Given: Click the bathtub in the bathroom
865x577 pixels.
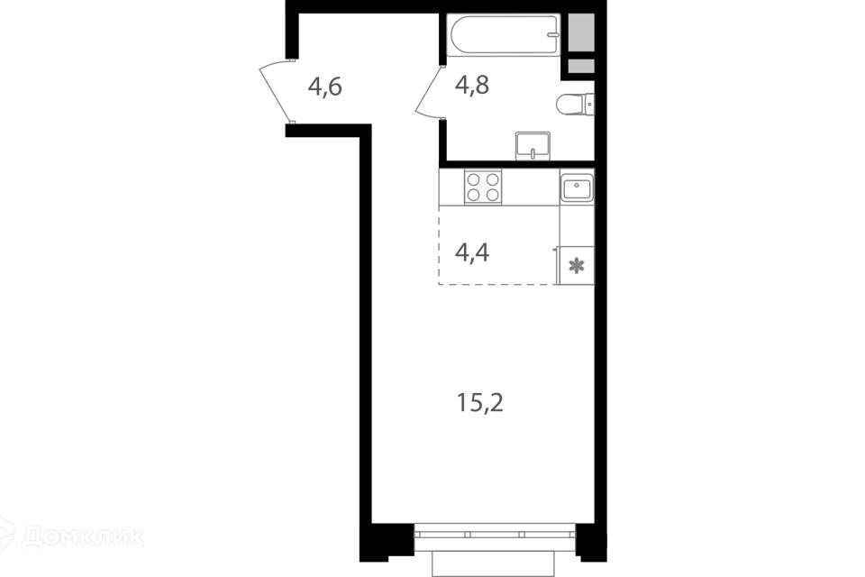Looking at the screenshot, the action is (503, 36).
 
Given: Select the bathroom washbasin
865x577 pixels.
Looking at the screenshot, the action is (533, 144).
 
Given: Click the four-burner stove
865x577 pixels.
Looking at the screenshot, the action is (484, 187).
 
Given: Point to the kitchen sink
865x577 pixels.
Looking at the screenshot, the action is (577, 188).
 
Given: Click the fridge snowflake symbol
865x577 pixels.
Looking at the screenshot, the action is (577, 266).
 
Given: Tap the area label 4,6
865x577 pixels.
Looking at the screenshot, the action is (325, 87).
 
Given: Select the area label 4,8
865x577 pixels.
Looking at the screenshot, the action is (472, 86).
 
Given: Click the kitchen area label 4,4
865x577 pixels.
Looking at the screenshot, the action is (472, 253).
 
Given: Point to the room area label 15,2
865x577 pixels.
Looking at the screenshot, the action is (480, 403).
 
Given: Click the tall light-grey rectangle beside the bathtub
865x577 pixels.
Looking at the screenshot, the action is (581, 33).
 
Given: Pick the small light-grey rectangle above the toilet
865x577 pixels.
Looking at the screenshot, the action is (581, 66).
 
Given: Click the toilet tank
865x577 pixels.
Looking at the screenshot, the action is (590, 105).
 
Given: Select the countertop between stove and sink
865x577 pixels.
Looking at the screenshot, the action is (531, 187).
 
